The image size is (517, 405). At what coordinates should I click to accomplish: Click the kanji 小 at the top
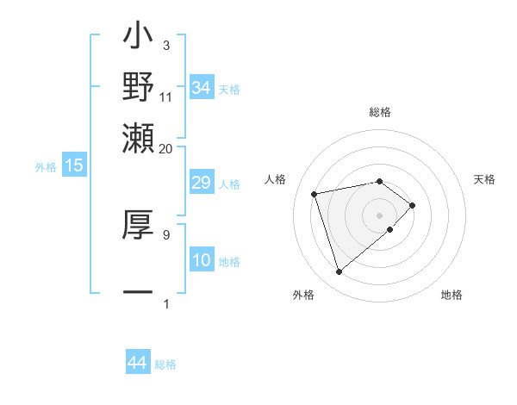click(x=138, y=39)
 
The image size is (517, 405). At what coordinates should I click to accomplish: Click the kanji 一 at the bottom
click(x=138, y=294)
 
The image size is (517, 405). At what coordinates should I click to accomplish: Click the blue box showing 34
click(x=201, y=88)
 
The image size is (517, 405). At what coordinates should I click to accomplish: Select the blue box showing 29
click(x=201, y=184)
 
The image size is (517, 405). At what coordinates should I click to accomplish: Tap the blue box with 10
click(x=201, y=261)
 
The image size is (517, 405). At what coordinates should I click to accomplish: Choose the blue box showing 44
click(x=137, y=363)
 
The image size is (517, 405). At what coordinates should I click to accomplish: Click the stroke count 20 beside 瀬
click(x=165, y=148)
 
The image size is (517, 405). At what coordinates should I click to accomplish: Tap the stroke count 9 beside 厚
click(x=165, y=234)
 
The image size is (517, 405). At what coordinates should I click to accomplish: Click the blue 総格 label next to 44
click(x=165, y=364)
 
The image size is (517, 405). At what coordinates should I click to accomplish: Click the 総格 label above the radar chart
click(x=379, y=113)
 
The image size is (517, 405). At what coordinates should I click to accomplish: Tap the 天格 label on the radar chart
click(x=484, y=179)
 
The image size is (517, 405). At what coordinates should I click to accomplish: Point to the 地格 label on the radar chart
click(x=452, y=295)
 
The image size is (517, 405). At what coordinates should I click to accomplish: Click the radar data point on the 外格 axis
click(x=339, y=272)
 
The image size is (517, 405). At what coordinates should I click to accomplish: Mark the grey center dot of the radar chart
click(x=379, y=213)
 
